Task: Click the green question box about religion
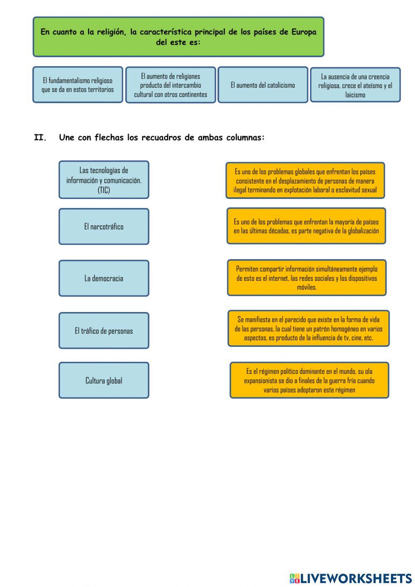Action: [178, 37]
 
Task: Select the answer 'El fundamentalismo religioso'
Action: [78, 85]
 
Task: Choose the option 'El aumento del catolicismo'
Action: [263, 85]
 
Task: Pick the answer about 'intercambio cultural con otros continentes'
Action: [171, 85]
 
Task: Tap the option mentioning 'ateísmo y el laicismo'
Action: [355, 85]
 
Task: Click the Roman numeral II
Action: [41, 138]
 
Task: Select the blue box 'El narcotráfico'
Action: [104, 226]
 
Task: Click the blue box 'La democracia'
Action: [104, 278]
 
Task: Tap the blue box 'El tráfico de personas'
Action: [104, 331]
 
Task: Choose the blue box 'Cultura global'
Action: [104, 381]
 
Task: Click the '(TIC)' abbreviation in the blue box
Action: [104, 190]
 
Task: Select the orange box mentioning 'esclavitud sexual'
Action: [305, 181]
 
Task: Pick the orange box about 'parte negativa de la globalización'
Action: [306, 226]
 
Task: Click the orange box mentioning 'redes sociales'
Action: [307, 278]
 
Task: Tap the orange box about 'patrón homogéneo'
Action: [308, 328]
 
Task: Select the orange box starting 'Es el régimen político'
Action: [309, 380]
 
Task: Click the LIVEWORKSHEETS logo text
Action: [356, 578]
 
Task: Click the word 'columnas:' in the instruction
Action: [245, 138]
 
